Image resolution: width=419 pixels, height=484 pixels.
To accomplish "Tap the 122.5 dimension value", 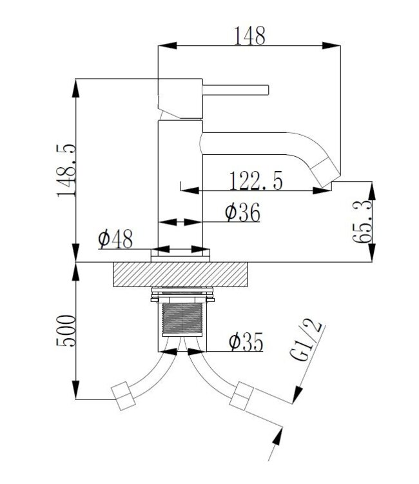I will [256, 182].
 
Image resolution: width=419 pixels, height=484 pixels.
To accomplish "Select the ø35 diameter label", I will [246, 342].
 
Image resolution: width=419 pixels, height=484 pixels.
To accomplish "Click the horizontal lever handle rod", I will [236, 88].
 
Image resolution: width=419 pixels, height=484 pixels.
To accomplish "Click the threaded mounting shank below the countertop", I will [181, 319].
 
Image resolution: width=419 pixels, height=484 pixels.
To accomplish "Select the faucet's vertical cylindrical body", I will [180, 187].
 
